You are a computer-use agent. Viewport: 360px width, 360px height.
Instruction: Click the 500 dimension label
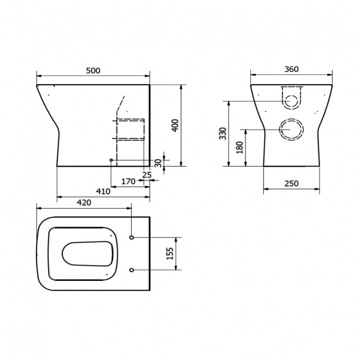tap(92, 70)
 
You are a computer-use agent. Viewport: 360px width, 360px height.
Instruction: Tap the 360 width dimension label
tap(291, 69)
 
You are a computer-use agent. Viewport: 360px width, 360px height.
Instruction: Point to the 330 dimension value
tap(223, 133)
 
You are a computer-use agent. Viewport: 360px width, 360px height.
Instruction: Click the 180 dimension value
tap(240, 147)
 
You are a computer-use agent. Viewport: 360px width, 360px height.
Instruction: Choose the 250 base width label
tap(291, 183)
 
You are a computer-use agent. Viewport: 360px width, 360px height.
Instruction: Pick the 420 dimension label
tap(83, 203)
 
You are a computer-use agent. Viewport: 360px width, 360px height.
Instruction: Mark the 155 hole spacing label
tap(170, 254)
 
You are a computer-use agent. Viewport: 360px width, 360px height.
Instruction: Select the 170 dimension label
tap(128, 181)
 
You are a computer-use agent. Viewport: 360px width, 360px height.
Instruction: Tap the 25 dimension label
tap(147, 174)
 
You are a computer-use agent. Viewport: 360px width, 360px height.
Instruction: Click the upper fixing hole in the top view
tap(131, 238)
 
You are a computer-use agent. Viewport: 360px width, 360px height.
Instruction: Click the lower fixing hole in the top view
tap(131, 270)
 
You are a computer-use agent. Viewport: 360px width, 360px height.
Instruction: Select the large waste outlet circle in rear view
tap(291, 130)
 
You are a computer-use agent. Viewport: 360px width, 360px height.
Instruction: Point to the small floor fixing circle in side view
tap(112, 160)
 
